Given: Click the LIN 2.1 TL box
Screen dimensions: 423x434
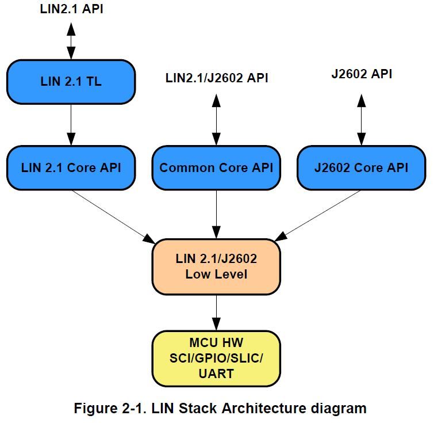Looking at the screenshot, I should point(71,82).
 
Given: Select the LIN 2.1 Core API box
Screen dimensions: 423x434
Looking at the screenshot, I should point(71,168).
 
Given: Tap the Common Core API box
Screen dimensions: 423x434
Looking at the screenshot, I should point(216,168).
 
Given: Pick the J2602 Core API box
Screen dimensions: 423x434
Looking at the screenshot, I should point(361,168).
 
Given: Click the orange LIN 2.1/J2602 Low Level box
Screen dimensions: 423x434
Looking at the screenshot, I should point(216,266).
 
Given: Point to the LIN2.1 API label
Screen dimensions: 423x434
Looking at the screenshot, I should point(72,9).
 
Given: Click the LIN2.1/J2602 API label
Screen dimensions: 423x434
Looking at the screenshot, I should point(217,78).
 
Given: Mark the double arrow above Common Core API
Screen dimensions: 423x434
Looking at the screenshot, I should point(216,118).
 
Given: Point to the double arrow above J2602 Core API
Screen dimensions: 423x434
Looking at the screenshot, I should point(361,118).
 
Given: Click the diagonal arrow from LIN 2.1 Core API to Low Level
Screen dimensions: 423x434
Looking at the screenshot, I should point(113,215).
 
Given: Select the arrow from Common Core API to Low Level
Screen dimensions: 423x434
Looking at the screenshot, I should point(216,214).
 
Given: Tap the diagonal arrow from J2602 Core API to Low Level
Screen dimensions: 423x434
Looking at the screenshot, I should point(320,215).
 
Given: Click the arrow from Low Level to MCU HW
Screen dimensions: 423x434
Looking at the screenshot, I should point(216,312).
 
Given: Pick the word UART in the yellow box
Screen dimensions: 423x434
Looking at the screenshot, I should point(216,374).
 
